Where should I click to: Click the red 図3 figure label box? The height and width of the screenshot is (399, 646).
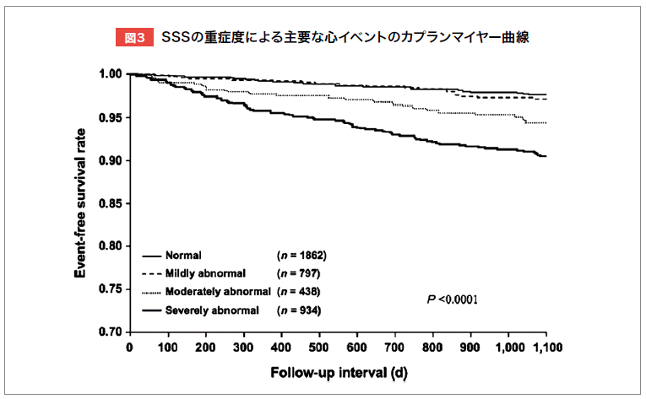coord(134,38)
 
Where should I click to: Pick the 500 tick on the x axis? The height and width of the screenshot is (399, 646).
coord(318,348)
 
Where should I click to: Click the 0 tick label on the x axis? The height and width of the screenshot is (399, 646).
coord(129,348)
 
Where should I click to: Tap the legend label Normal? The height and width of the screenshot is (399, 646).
coord(183,254)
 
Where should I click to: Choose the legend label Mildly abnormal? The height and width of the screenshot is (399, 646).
coord(206,272)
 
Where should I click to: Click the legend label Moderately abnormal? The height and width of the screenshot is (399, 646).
coord(219,291)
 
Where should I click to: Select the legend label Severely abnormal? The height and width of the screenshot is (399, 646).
coord(213,310)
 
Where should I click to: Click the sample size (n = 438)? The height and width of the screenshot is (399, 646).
coord(299,291)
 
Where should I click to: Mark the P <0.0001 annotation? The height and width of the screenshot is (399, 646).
coord(453,299)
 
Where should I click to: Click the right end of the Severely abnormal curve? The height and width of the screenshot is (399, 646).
coord(546,156)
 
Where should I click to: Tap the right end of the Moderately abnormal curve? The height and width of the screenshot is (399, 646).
coord(546,122)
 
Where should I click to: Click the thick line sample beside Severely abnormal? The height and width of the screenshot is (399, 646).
coord(151,310)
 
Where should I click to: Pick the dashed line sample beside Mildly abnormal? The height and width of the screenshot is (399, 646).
coord(151,272)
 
